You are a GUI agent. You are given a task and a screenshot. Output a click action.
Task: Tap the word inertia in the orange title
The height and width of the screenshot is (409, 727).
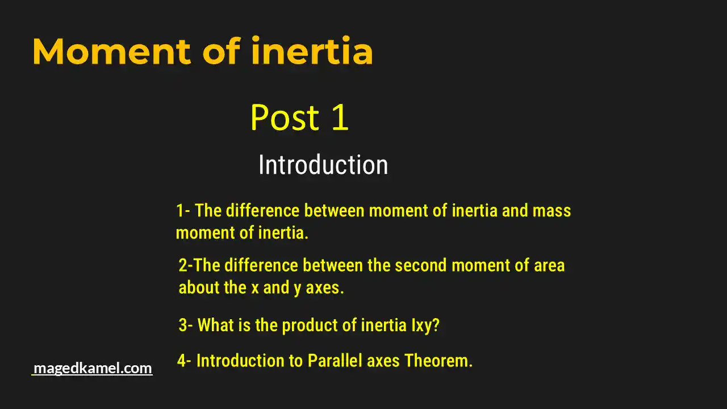[312, 52]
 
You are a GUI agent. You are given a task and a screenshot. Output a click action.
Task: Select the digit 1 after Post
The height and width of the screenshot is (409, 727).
[339, 118]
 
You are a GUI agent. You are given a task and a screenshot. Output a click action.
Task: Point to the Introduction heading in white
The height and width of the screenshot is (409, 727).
[323, 165]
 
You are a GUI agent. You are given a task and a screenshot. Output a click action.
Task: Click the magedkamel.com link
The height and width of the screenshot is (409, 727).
[93, 368]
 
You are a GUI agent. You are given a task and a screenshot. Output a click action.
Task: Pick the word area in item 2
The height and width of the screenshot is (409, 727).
[549, 265]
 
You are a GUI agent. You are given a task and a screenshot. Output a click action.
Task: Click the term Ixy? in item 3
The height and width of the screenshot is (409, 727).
[425, 325]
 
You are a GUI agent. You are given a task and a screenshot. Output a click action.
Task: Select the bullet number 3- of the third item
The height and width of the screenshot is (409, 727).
[186, 325]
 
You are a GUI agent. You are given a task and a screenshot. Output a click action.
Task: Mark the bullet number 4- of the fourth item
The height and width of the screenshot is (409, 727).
[184, 361]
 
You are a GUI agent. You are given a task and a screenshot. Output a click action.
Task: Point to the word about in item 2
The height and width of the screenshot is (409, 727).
[199, 287]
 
